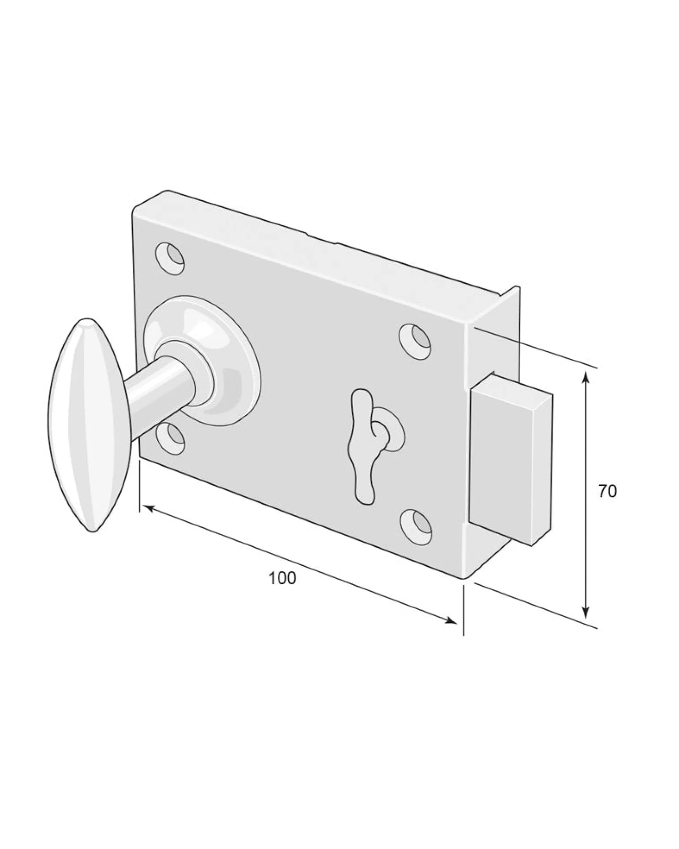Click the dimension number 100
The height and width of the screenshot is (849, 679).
pos(282,578)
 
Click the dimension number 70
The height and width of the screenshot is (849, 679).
pos(608,491)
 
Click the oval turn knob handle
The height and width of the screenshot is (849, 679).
pos(88,425)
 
